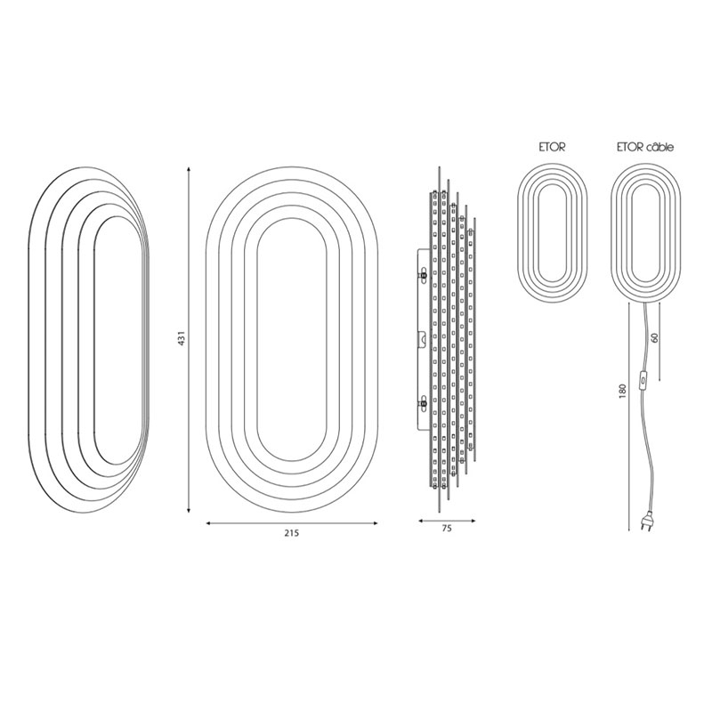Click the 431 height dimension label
tap(182, 339)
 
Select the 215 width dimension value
tap(292, 533)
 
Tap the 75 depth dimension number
tap(447, 528)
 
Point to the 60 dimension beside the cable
tap(654, 337)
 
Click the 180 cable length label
tap(622, 391)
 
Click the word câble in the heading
tap(660, 147)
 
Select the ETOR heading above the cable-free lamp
tap(552, 147)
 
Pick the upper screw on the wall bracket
tap(424, 274)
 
